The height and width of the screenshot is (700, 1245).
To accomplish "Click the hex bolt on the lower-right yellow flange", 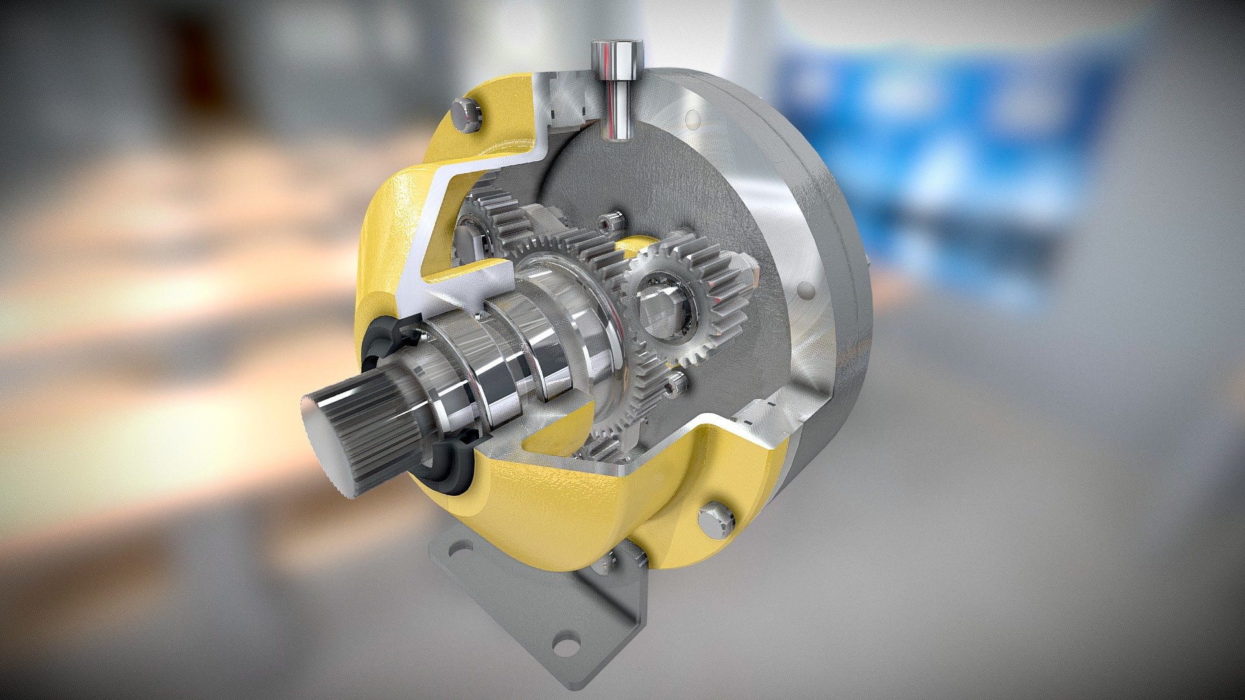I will [x=718, y=519].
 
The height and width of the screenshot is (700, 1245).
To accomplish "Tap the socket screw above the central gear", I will [x=610, y=224].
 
